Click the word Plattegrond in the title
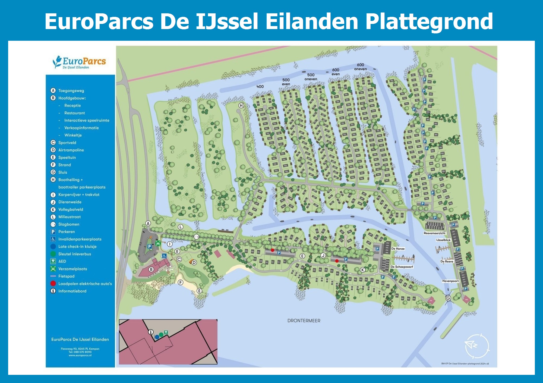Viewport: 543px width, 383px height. (429, 22)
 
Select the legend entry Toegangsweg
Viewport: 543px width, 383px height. (71, 91)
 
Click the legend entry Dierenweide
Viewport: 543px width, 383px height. (70, 202)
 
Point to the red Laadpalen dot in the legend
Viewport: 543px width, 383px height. (53, 284)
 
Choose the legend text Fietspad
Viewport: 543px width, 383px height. (66, 276)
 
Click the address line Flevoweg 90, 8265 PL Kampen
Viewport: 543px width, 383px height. (80, 349)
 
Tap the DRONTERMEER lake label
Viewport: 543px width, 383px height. (304, 321)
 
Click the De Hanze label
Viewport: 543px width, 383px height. (398, 249)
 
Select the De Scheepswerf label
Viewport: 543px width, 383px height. (402, 267)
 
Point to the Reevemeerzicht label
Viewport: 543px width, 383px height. (434, 233)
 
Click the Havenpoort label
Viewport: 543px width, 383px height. (450, 281)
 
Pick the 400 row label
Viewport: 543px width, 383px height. (260, 87)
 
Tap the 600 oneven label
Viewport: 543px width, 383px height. (360, 67)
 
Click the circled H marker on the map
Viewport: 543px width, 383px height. (241, 105)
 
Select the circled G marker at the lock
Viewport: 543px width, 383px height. (448, 298)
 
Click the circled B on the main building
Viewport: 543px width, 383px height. (151, 269)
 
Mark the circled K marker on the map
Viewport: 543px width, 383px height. (362, 270)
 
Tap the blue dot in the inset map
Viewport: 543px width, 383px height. (157, 337)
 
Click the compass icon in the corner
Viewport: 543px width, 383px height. (477, 346)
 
